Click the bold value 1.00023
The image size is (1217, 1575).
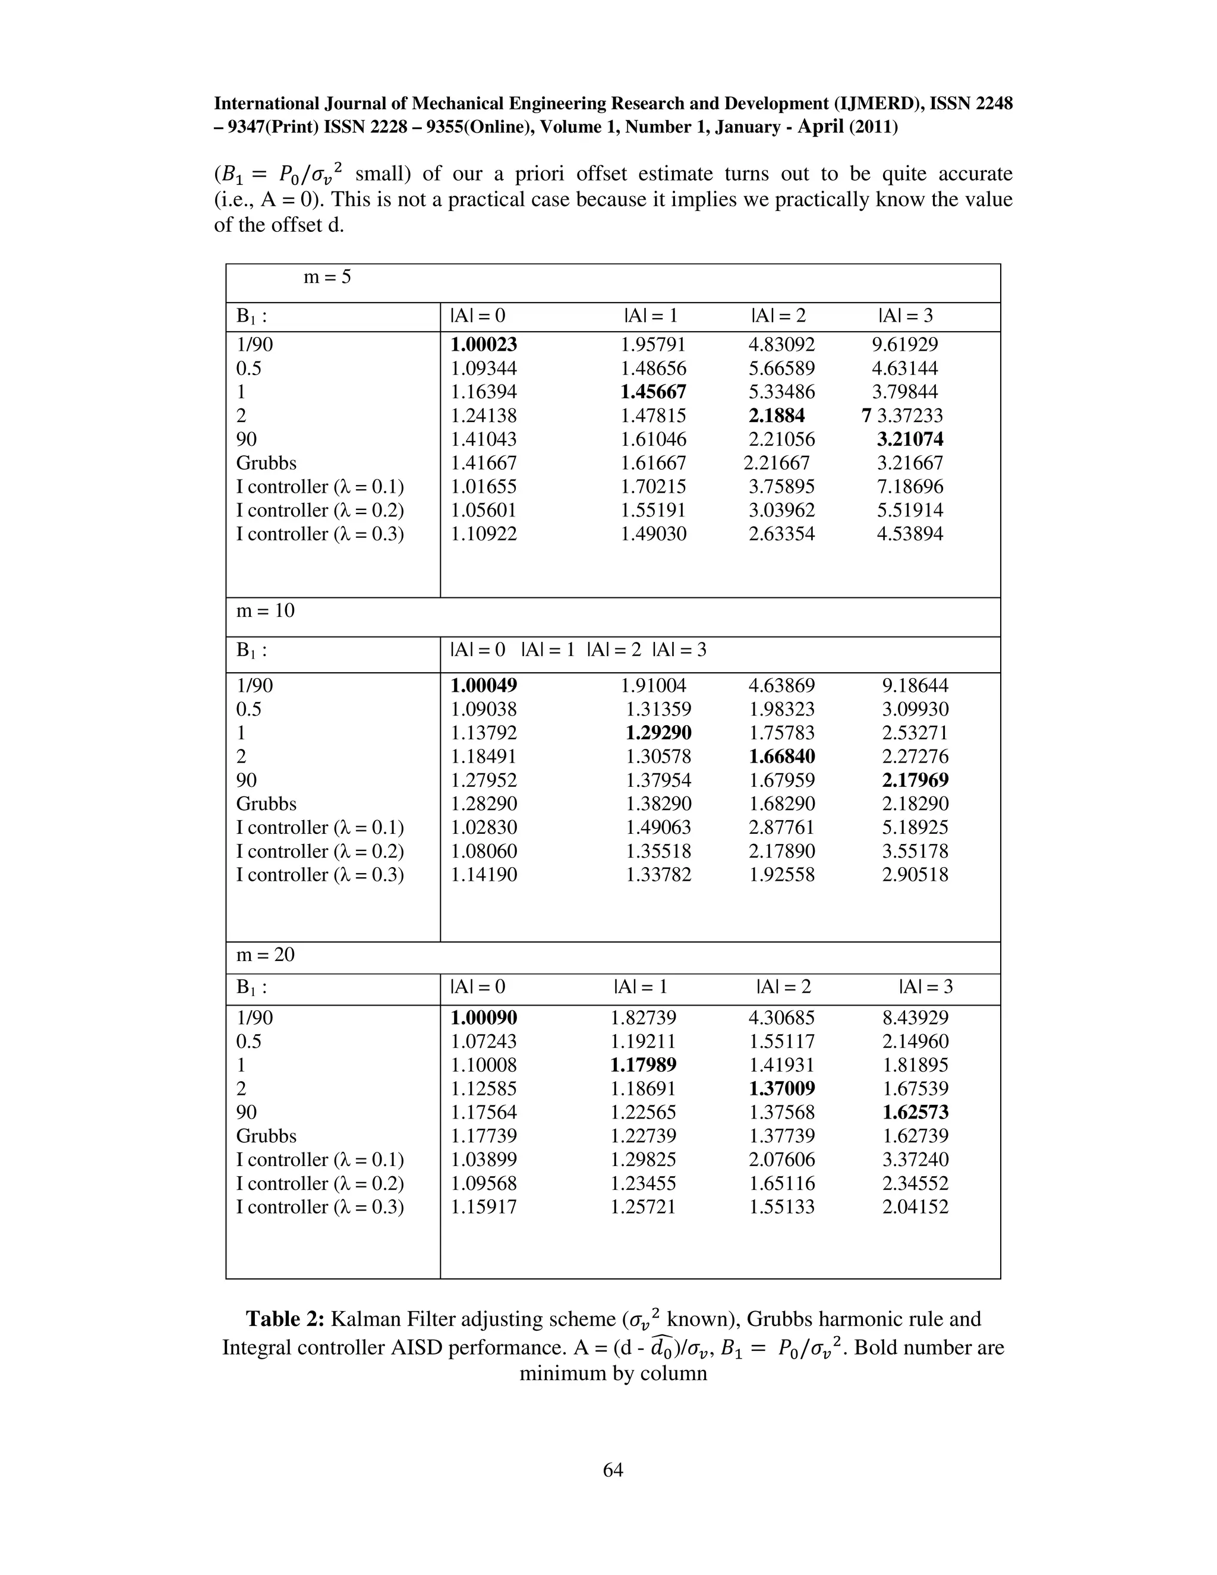(484, 345)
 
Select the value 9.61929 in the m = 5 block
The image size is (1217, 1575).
(905, 345)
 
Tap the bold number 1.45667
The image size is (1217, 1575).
(654, 392)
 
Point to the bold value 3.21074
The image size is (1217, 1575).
(910, 439)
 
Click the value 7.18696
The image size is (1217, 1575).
(910, 487)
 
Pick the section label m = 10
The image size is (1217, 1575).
(265, 611)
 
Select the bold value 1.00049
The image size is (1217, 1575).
(484, 686)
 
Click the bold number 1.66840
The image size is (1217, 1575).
(781, 757)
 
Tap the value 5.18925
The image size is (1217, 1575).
(915, 827)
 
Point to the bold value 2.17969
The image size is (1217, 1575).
(915, 780)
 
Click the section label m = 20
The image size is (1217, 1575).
(265, 955)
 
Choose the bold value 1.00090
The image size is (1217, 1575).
(484, 1018)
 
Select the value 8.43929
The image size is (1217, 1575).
(915, 1018)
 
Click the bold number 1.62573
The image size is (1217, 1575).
(915, 1113)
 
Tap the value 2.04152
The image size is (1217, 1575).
(915, 1207)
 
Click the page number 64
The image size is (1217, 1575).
(613, 1470)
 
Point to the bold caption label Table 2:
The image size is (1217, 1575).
(285, 1319)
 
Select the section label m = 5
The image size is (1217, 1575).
(327, 277)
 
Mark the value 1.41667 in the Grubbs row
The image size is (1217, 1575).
(484, 463)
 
